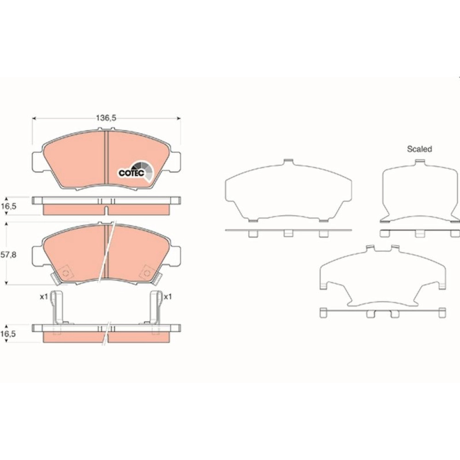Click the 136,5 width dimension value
pyautogui.click(x=106, y=118)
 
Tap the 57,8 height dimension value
pyautogui.click(x=8, y=255)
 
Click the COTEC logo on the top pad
pyautogui.click(x=136, y=172)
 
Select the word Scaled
pyautogui.click(x=420, y=149)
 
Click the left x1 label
pyautogui.click(x=44, y=297)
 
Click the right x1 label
pyautogui.click(x=167, y=297)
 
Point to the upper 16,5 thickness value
pyautogui.click(x=8, y=206)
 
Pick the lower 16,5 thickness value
pyautogui.click(x=8, y=334)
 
